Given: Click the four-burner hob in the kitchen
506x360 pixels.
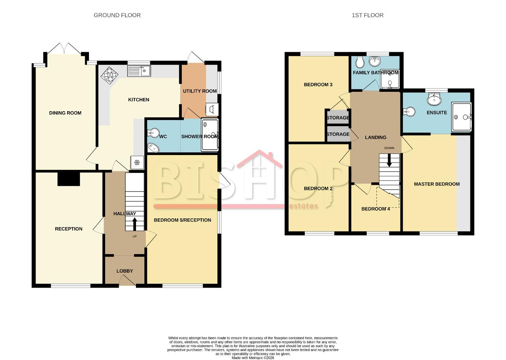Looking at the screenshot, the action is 110,75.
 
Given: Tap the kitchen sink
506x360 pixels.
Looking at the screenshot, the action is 139,71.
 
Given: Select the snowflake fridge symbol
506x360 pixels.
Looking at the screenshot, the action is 137,162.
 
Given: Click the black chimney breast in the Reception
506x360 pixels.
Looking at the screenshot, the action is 69,179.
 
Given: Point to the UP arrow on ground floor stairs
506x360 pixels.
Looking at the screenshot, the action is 134,224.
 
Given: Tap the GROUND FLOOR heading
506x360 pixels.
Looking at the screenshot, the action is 117,15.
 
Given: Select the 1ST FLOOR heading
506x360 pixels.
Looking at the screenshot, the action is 368,15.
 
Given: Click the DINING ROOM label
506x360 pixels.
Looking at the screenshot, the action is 65,113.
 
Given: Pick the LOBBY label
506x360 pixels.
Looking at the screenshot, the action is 125,271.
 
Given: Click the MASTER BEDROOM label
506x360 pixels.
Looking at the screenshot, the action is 437,184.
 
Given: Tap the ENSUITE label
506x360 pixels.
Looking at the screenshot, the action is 437,113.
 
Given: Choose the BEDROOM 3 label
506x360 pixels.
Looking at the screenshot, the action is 318,85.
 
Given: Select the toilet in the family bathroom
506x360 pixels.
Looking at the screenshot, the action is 359,62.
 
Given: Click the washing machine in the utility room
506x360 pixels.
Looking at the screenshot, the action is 212,110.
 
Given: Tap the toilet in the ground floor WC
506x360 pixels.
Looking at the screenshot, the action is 153,132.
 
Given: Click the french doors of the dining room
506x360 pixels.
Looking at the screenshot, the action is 64,48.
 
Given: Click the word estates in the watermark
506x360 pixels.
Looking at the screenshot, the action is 303,206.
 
